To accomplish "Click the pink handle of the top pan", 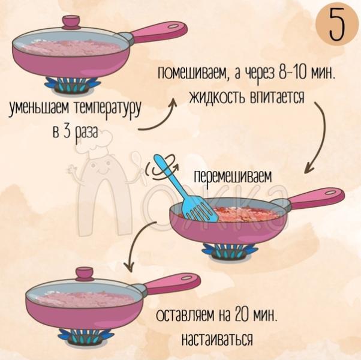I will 158,31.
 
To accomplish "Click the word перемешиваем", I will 233,178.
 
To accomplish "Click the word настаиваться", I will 216,338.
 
